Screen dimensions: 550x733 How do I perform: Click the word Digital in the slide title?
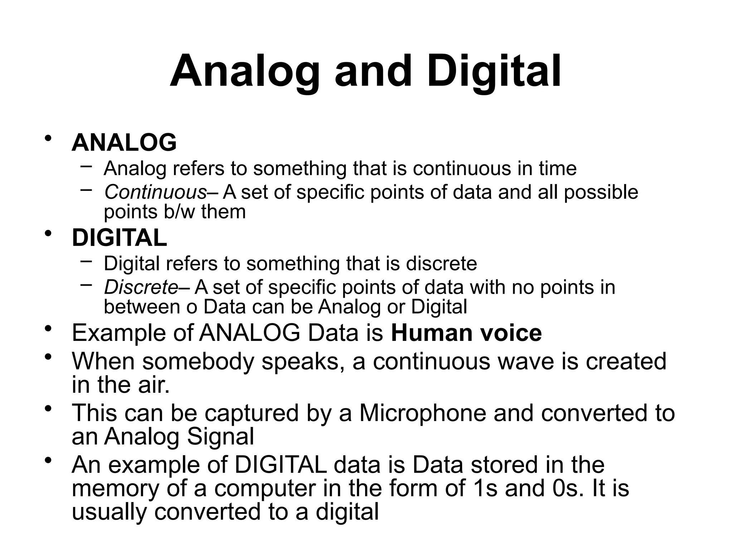[494, 71]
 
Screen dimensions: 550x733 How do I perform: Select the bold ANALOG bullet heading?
[124, 143]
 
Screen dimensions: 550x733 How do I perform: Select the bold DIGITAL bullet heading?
[119, 238]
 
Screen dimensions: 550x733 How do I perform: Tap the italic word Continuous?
[155, 192]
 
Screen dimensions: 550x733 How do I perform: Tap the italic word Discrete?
[141, 287]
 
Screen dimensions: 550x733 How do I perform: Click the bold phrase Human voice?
[466, 333]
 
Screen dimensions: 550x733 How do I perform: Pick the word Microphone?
[423, 413]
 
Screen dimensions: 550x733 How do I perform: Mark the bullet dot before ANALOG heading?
[48, 138]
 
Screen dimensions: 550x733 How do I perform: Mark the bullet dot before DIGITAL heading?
[48, 233]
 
